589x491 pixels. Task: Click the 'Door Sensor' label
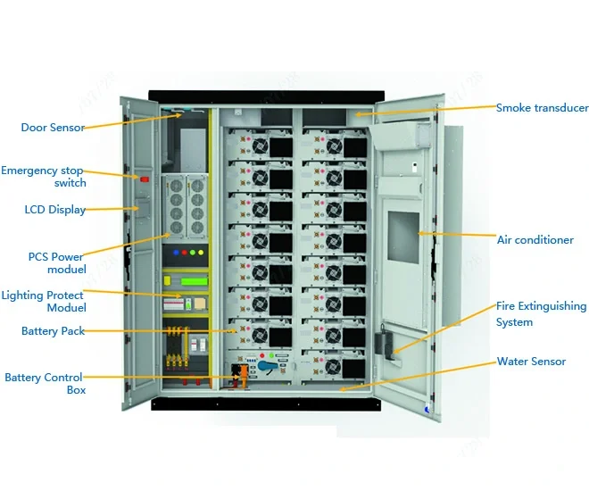53,128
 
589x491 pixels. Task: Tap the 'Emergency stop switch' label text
44,176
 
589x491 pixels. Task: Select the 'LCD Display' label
55,210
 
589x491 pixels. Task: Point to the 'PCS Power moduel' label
56,263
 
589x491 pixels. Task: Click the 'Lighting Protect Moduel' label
44,301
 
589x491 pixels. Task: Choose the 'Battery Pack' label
53,331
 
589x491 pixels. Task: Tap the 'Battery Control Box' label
44,383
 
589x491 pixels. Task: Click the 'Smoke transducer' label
542,108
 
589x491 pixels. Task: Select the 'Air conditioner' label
535,240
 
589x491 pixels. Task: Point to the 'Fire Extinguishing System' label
541,313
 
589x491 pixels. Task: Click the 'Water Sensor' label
531,362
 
